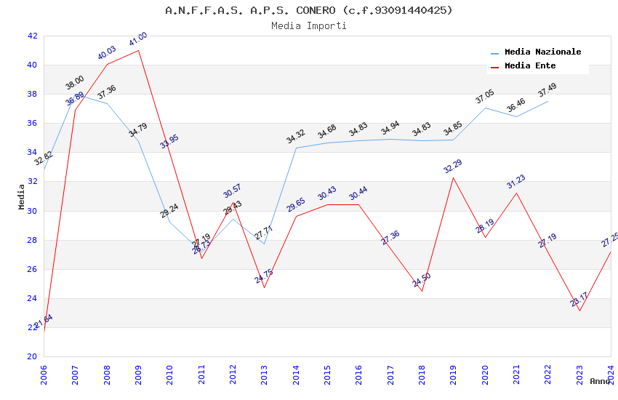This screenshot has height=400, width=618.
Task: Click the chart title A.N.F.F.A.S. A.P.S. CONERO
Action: click(x=309, y=10)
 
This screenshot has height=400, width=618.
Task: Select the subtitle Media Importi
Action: click(x=309, y=25)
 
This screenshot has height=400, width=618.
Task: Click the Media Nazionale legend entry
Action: click(x=542, y=52)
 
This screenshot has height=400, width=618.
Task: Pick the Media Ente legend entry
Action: click(x=530, y=66)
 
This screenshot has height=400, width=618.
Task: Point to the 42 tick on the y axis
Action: click(x=32, y=36)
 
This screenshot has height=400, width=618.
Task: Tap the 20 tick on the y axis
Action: click(x=32, y=356)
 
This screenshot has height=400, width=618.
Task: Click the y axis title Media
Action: click(x=22, y=196)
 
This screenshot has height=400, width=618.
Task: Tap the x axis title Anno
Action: click(x=600, y=381)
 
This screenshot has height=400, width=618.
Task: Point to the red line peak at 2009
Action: click(x=138, y=49)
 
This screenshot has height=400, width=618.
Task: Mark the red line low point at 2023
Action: click(x=579, y=311)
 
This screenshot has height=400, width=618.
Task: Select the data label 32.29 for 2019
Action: click(x=453, y=167)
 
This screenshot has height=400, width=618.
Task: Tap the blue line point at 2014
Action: click(x=296, y=148)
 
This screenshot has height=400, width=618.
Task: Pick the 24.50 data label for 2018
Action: click(x=422, y=280)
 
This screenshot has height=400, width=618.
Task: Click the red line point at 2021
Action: click(x=516, y=193)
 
